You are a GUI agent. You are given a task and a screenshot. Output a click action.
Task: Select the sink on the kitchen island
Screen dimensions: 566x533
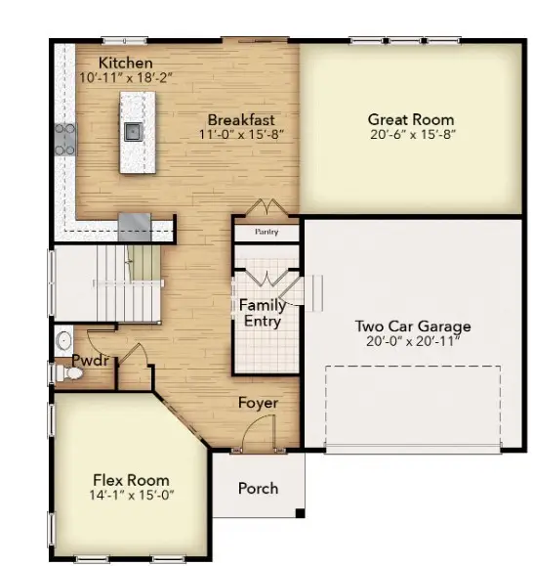pos(134,130)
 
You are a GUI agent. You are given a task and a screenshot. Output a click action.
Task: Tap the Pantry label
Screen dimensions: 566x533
pos(266,233)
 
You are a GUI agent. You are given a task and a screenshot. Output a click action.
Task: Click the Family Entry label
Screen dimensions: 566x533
pos(262,313)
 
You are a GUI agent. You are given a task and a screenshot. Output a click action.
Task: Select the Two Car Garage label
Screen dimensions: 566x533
pos(412,327)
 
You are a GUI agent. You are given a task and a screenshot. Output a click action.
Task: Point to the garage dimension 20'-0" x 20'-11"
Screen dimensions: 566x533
pos(412,341)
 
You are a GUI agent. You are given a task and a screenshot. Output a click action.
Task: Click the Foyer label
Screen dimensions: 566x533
pos(259,403)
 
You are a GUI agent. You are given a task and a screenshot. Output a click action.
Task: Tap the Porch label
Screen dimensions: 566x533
pos(258,488)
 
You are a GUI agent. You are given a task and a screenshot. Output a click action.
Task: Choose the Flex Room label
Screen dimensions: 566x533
pos(131,480)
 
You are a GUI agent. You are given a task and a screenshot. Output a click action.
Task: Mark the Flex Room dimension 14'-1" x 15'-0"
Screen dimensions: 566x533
pos(131,495)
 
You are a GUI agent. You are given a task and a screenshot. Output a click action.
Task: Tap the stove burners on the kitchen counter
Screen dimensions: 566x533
pos(65,138)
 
